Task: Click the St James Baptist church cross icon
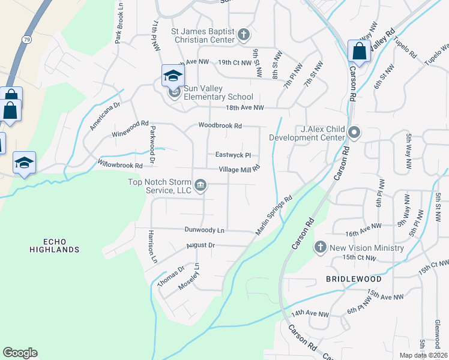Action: (244, 34)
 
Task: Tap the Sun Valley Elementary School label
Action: (218, 92)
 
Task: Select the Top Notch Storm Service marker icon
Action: (200, 185)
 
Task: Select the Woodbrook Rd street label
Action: (220, 126)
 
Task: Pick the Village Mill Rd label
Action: (239, 169)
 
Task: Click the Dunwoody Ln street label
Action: (204, 230)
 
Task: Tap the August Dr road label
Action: (200, 245)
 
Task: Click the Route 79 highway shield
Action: (26, 39)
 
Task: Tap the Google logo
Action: (20, 353)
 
